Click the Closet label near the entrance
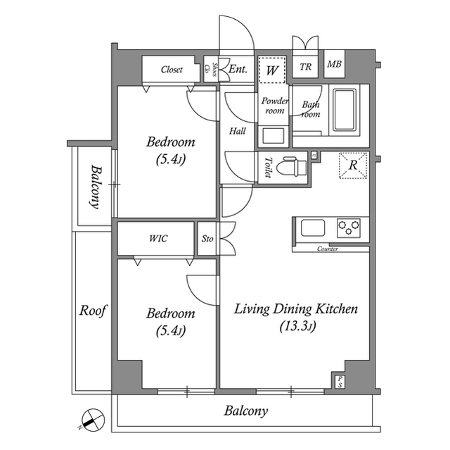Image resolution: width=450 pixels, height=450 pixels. (x=172, y=70)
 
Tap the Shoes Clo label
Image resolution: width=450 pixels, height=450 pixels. (x=210, y=69)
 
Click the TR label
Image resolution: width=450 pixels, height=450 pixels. (x=306, y=68)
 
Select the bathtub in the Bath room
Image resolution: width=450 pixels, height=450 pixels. (x=345, y=111)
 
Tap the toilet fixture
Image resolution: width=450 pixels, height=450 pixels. (x=290, y=168)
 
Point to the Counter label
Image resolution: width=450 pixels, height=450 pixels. (x=328, y=249)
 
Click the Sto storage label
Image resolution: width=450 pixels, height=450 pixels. (x=207, y=239)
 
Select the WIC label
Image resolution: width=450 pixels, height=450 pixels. (x=158, y=239)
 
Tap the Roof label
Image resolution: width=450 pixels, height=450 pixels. (x=92, y=310)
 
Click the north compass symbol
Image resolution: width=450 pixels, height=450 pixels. (x=93, y=420)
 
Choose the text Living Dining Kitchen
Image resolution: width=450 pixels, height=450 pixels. (x=296, y=309)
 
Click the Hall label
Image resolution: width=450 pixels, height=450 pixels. (x=237, y=130)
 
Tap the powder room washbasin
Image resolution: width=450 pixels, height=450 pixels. (x=272, y=135)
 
